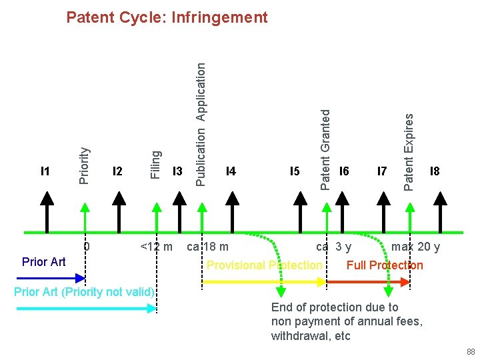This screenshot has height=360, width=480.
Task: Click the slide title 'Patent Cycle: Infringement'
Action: (x=167, y=17)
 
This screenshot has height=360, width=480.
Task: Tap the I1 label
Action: (x=45, y=171)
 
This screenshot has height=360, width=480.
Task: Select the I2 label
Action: (x=118, y=171)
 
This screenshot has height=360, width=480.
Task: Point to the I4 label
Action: (x=231, y=171)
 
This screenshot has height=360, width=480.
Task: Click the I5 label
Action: (x=295, y=171)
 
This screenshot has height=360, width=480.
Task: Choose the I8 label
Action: (x=435, y=171)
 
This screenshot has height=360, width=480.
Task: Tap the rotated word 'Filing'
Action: (x=155, y=165)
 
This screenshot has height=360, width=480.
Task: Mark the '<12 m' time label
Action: (x=156, y=247)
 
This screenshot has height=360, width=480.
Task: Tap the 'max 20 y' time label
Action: (x=415, y=247)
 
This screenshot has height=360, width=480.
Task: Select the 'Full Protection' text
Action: (x=385, y=265)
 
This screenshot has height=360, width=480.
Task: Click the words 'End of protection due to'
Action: (x=335, y=307)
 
